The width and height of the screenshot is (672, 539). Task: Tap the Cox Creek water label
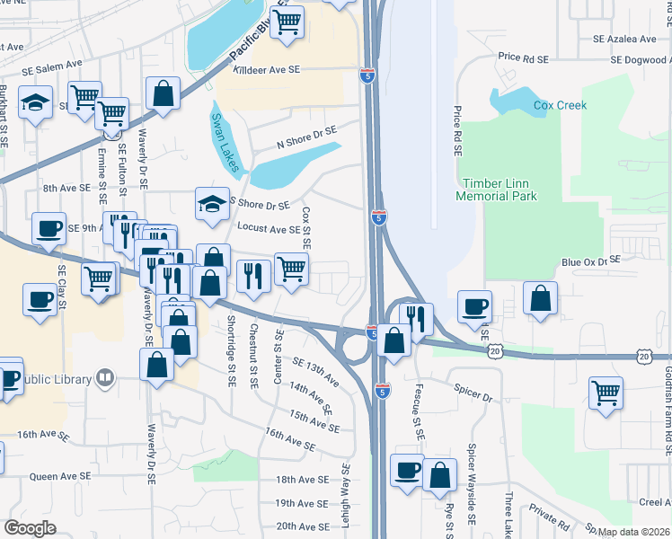point(560,105)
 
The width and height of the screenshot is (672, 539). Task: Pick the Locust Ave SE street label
point(269,228)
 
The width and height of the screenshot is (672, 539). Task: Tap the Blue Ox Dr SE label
point(590,261)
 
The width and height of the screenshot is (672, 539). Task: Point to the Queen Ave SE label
point(60,476)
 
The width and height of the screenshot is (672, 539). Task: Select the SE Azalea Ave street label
point(624,39)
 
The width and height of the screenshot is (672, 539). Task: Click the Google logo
point(30,527)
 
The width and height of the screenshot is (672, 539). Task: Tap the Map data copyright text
point(633,532)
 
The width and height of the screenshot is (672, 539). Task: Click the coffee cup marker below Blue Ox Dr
point(474,306)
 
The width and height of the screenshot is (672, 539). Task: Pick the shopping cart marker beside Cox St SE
point(291,269)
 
